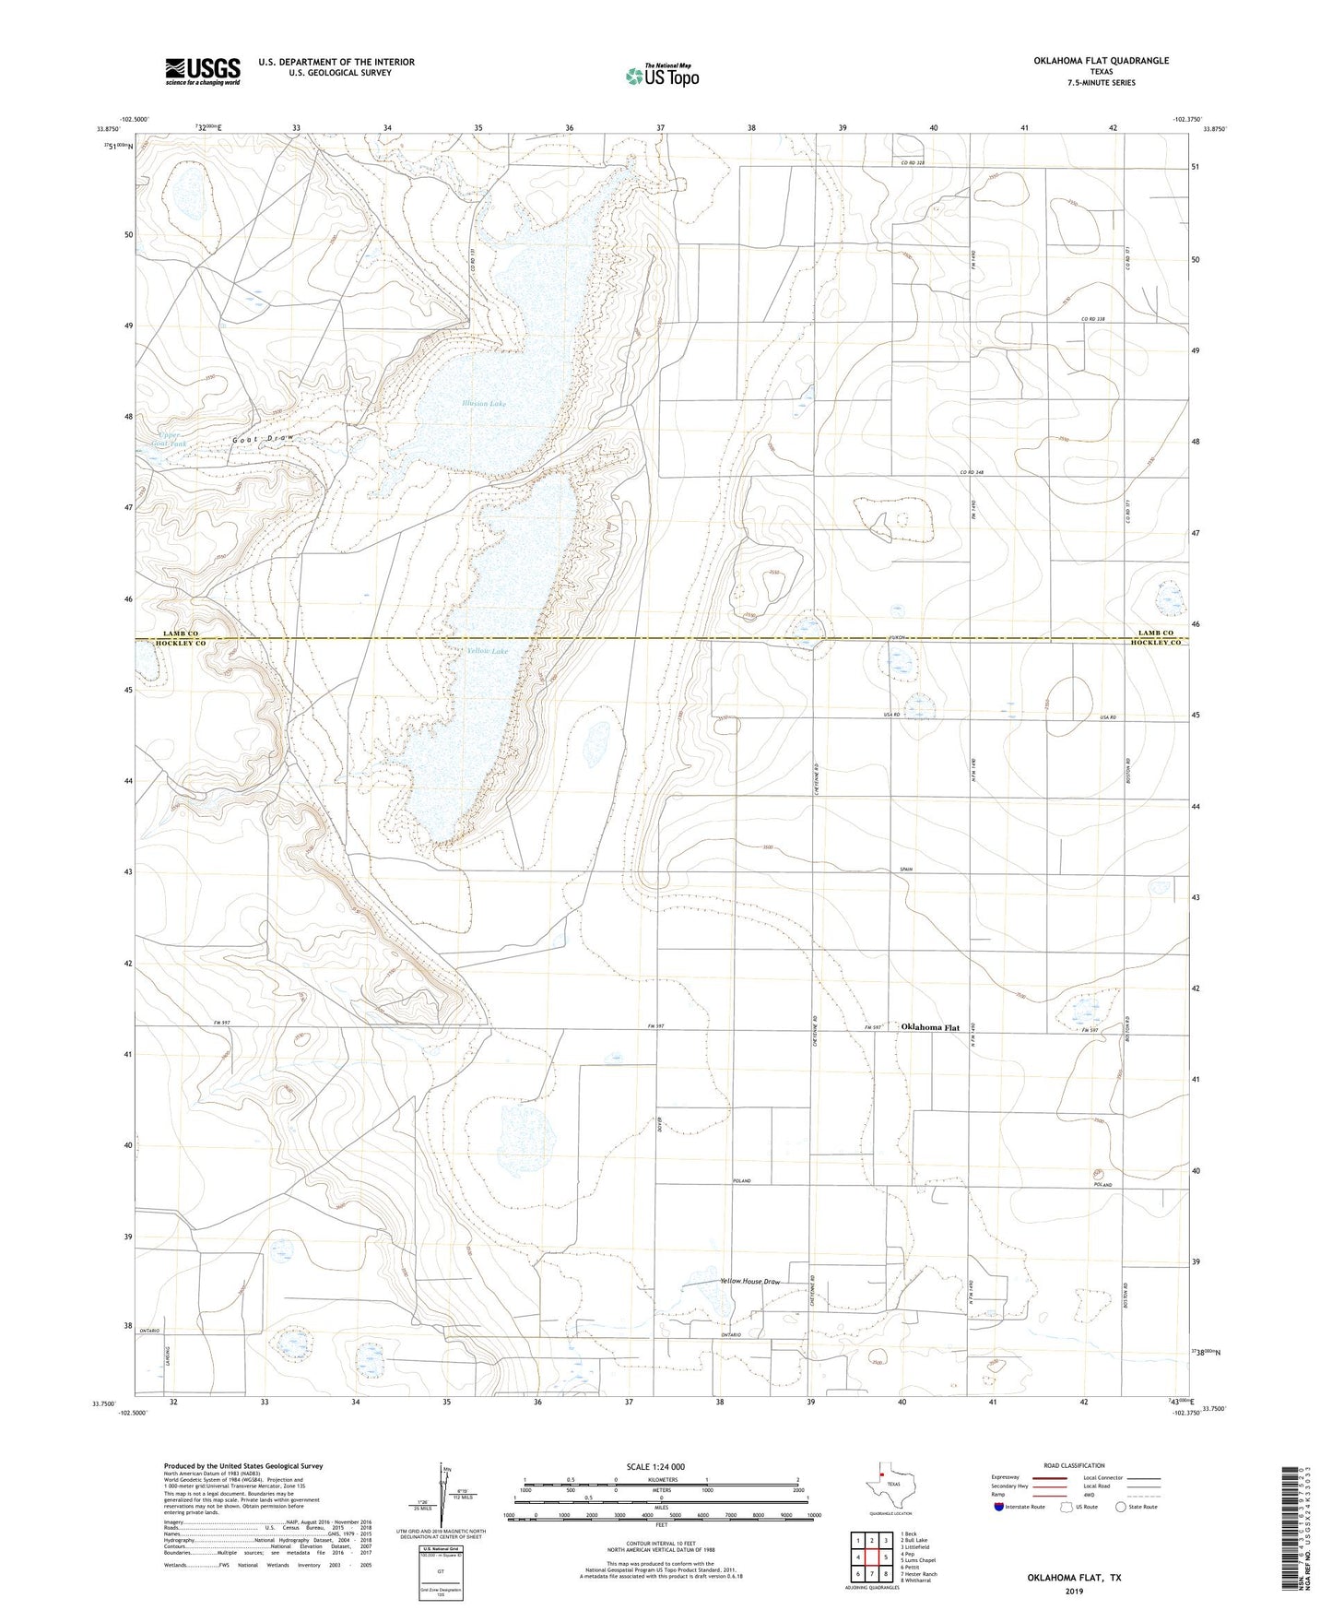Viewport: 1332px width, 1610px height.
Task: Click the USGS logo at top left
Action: pyautogui.click(x=203, y=70)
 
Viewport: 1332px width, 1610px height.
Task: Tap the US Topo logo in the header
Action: pyautogui.click(x=661, y=76)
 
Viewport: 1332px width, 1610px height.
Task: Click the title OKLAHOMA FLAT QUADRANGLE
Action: pyautogui.click(x=1088, y=61)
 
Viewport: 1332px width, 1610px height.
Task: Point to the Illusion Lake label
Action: pyautogui.click(x=485, y=404)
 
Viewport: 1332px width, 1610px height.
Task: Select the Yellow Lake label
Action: pyautogui.click(x=487, y=651)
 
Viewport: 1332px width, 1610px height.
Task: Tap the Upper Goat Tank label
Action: pyautogui.click(x=171, y=439)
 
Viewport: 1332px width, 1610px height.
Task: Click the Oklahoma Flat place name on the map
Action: pyautogui.click(x=930, y=1027)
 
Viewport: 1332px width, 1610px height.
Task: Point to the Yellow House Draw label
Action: pyautogui.click(x=749, y=1283)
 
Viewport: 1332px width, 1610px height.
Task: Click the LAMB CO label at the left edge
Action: pyautogui.click(x=181, y=633)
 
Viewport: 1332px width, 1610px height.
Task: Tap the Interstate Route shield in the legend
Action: pyautogui.click(x=1001, y=1507)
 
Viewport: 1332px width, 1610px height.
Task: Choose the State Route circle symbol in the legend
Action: pyautogui.click(x=1120, y=1507)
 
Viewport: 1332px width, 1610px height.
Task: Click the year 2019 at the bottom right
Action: pyautogui.click(x=1074, y=1591)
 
